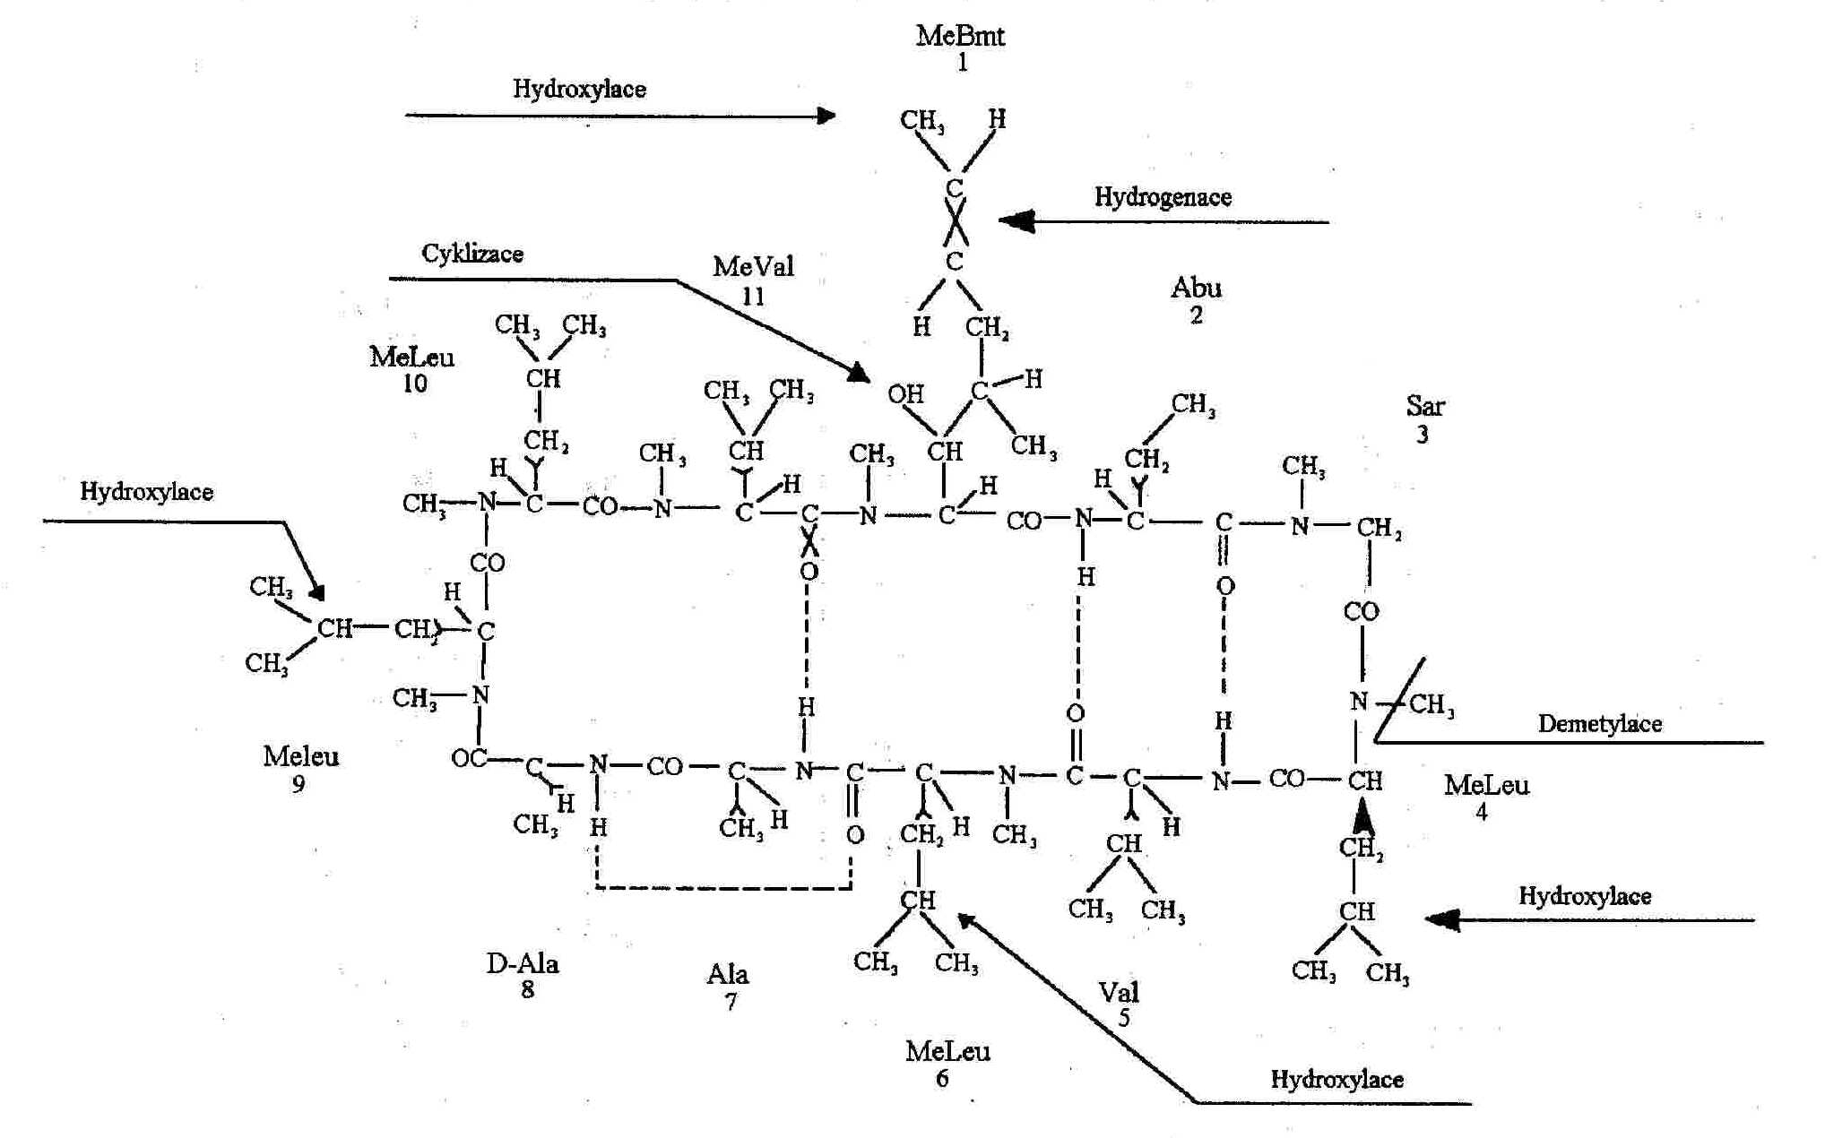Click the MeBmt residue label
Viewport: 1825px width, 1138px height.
(960, 37)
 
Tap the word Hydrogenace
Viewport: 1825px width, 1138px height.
(1163, 197)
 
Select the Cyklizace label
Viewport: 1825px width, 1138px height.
(472, 254)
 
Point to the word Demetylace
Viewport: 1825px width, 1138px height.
(1599, 724)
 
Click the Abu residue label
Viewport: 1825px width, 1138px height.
(1196, 289)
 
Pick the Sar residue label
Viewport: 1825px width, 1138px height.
(1424, 407)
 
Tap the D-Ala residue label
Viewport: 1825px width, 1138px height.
(523, 964)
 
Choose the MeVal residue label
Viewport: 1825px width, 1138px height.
(753, 267)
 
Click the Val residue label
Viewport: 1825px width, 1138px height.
(1119, 992)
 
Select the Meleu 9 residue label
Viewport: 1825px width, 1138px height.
(301, 757)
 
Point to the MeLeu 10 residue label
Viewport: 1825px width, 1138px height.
(411, 358)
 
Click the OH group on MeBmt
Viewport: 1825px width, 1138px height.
(905, 394)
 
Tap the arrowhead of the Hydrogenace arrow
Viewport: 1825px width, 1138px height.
(1016, 221)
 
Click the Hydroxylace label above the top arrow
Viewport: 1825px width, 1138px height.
(579, 89)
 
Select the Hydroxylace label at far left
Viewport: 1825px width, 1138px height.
(146, 492)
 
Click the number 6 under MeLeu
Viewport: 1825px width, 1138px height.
(942, 1079)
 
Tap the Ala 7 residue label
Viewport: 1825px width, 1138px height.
(728, 975)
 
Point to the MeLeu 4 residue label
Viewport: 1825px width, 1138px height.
(1485, 786)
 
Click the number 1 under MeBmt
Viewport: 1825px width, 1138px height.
(962, 63)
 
